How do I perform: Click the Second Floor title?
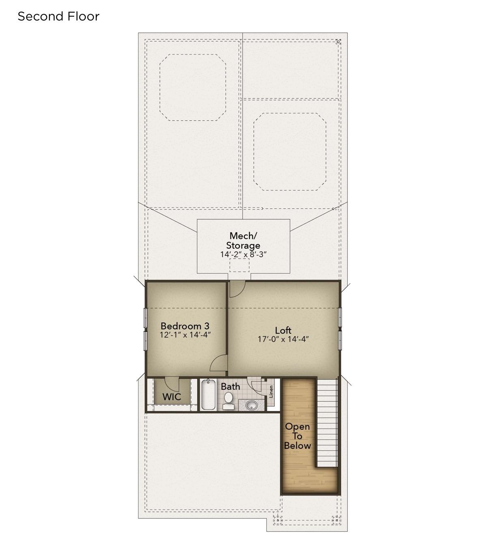click(58, 17)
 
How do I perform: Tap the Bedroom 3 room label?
click(185, 326)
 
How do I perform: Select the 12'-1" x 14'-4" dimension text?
click(185, 335)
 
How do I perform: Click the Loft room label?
click(283, 330)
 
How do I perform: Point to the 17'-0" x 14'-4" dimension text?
click(283, 339)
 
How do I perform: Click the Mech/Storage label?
click(243, 240)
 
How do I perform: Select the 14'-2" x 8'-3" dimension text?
click(243, 254)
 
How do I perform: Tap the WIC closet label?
click(172, 397)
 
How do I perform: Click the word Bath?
click(230, 387)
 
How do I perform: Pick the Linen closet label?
click(271, 392)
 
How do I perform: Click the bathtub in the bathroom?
click(208, 395)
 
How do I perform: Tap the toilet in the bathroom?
click(228, 401)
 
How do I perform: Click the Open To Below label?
click(297, 436)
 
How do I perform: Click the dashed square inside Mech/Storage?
click(239, 265)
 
